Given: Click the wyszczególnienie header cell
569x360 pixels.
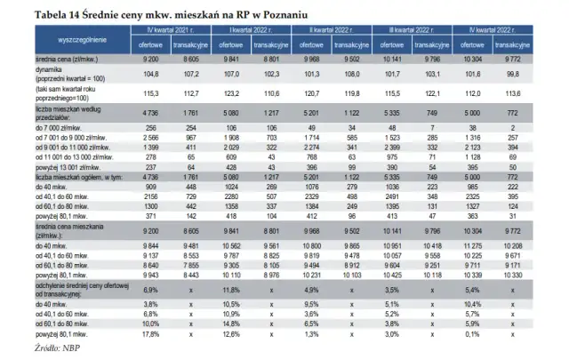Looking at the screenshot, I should tap(73, 42).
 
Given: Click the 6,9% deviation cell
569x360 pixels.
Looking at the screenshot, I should tap(149, 290).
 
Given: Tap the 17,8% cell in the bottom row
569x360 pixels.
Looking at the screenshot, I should tap(148, 334).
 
